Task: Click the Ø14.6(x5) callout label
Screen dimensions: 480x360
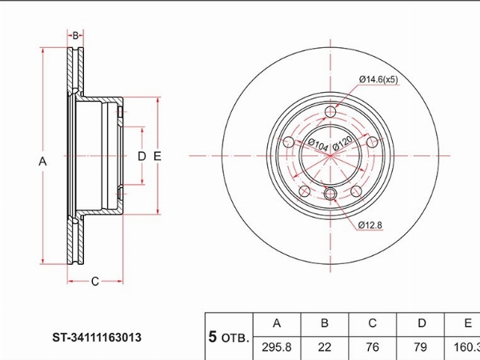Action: tap(378, 79)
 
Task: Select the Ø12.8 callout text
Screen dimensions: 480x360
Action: tap(370, 226)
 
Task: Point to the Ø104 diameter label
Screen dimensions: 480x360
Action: tap(318, 145)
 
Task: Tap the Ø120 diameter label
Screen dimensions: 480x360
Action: tap(342, 143)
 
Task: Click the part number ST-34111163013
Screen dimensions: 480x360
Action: tap(97, 338)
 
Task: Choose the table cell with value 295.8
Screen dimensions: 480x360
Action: tap(277, 347)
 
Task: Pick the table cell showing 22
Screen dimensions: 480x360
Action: tap(325, 347)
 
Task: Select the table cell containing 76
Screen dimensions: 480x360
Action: tap(372, 347)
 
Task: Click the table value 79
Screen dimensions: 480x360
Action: tap(420, 347)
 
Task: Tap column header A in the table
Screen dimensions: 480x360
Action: tap(277, 323)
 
